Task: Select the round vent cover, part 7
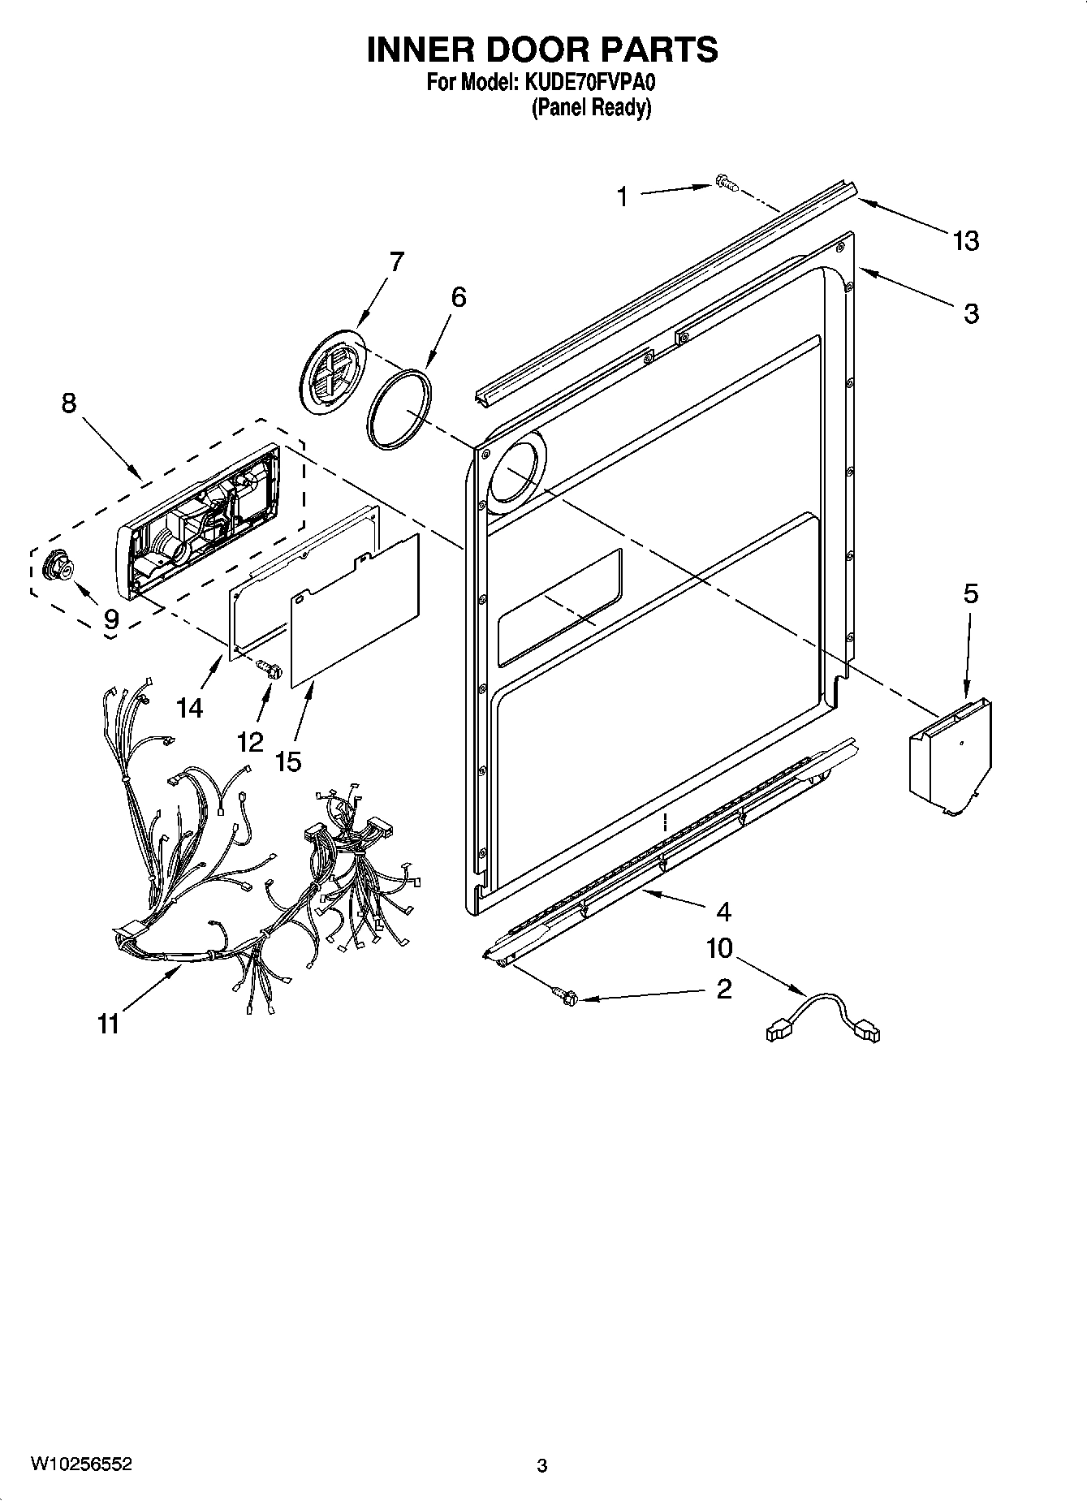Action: [331, 371]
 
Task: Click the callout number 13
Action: [966, 241]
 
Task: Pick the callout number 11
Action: [108, 1024]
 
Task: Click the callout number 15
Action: [288, 761]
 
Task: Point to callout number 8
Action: [69, 402]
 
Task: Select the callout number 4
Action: [723, 912]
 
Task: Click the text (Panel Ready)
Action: [591, 108]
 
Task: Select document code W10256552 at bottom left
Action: [80, 1464]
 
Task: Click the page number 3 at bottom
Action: [542, 1465]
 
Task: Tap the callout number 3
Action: [971, 313]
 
